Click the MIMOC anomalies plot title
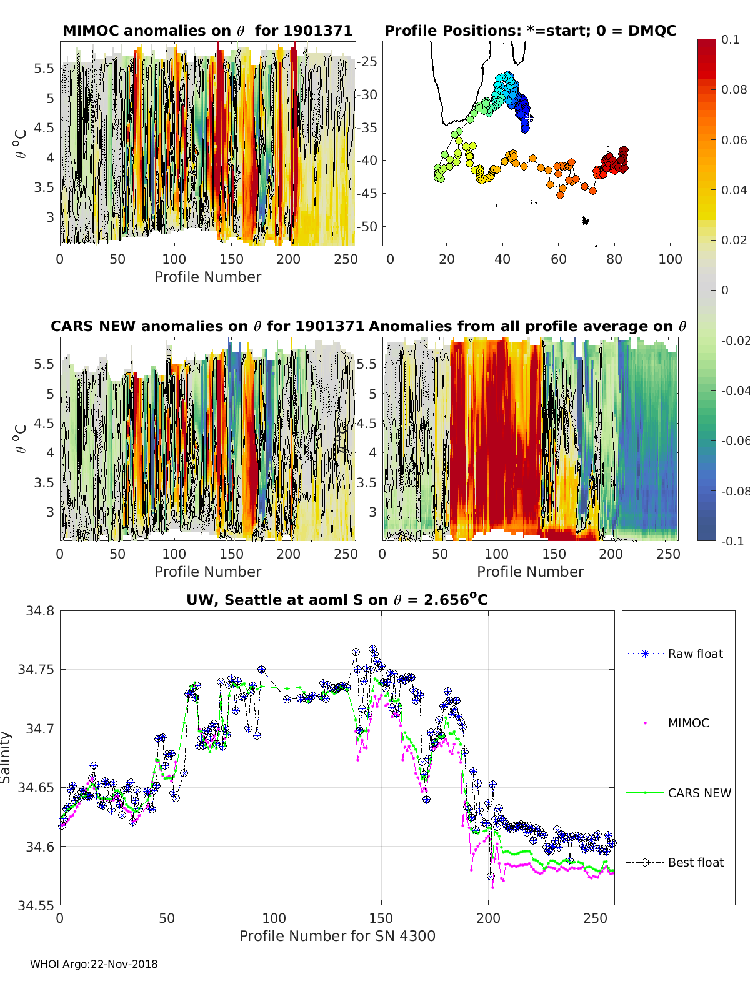pos(207,31)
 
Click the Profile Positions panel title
pos(530,31)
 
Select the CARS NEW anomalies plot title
pos(207,326)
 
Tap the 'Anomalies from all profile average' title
pos(527,326)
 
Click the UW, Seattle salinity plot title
pos(337,600)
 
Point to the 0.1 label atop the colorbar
pos(730,39)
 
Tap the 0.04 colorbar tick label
pos(734,190)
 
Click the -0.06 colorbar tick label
pos(735,440)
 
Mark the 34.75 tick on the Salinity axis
pos(39,669)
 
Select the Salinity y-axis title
pos(6,757)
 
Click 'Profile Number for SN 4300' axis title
pos(337,936)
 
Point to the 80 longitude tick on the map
pos(614,259)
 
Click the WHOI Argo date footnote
pos(94,964)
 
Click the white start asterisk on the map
pos(529,117)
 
